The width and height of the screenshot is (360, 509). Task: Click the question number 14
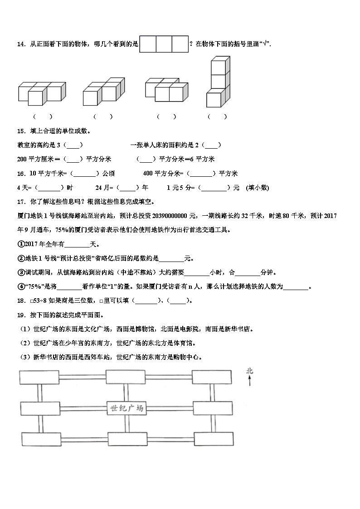click(x=21, y=44)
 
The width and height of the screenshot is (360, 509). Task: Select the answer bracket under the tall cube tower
click(x=217, y=116)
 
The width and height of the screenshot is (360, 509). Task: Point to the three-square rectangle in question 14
click(x=164, y=44)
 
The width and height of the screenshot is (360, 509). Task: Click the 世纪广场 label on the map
click(x=126, y=408)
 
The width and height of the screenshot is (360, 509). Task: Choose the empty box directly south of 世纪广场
click(x=126, y=439)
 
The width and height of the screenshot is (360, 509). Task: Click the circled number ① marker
click(x=20, y=244)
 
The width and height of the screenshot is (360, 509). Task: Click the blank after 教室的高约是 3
click(x=74, y=145)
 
